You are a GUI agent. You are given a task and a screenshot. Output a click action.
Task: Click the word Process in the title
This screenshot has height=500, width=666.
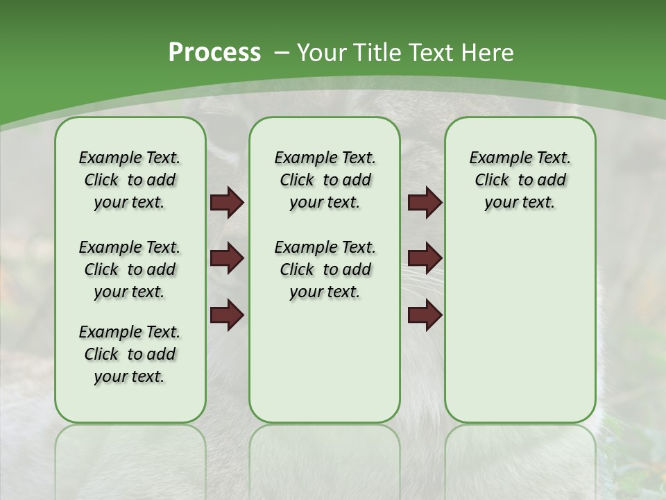pyautogui.click(x=214, y=52)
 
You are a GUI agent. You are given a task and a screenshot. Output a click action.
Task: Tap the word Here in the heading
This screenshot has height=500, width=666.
pyautogui.click(x=489, y=52)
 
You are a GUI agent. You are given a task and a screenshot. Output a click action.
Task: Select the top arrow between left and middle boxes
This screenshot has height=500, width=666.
pyautogui.click(x=227, y=203)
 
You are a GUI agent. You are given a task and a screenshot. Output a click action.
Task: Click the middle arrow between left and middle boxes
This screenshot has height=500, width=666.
pyautogui.click(x=227, y=259)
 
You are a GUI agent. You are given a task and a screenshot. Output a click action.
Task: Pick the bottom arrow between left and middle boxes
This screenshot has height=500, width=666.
pyautogui.click(x=227, y=315)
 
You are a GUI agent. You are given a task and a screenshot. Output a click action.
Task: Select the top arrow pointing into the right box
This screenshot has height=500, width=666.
pyautogui.click(x=425, y=203)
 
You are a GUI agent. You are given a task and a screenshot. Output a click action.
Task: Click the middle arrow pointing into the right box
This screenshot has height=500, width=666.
pyautogui.click(x=425, y=259)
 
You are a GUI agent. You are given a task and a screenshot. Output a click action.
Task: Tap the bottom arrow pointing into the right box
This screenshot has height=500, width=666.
pyautogui.click(x=425, y=315)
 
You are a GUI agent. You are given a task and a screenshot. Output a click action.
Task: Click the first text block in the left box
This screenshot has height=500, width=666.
pyautogui.click(x=130, y=180)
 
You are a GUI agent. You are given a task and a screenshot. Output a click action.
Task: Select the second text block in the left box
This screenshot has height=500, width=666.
pyautogui.click(x=130, y=269)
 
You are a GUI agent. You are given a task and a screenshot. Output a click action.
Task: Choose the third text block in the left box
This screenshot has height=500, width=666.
pyautogui.click(x=130, y=354)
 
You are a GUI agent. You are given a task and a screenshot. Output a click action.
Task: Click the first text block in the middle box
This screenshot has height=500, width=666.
pyautogui.click(x=325, y=180)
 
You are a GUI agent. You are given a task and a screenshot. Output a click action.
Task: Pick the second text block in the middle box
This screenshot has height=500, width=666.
pyautogui.click(x=325, y=269)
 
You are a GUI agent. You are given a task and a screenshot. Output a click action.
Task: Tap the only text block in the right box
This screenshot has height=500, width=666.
pyautogui.click(x=520, y=180)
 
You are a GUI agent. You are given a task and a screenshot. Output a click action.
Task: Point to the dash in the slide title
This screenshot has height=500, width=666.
pyautogui.click(x=282, y=53)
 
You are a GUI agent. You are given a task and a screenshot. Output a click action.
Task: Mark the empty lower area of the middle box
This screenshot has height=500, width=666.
pyautogui.click(x=325, y=361)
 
